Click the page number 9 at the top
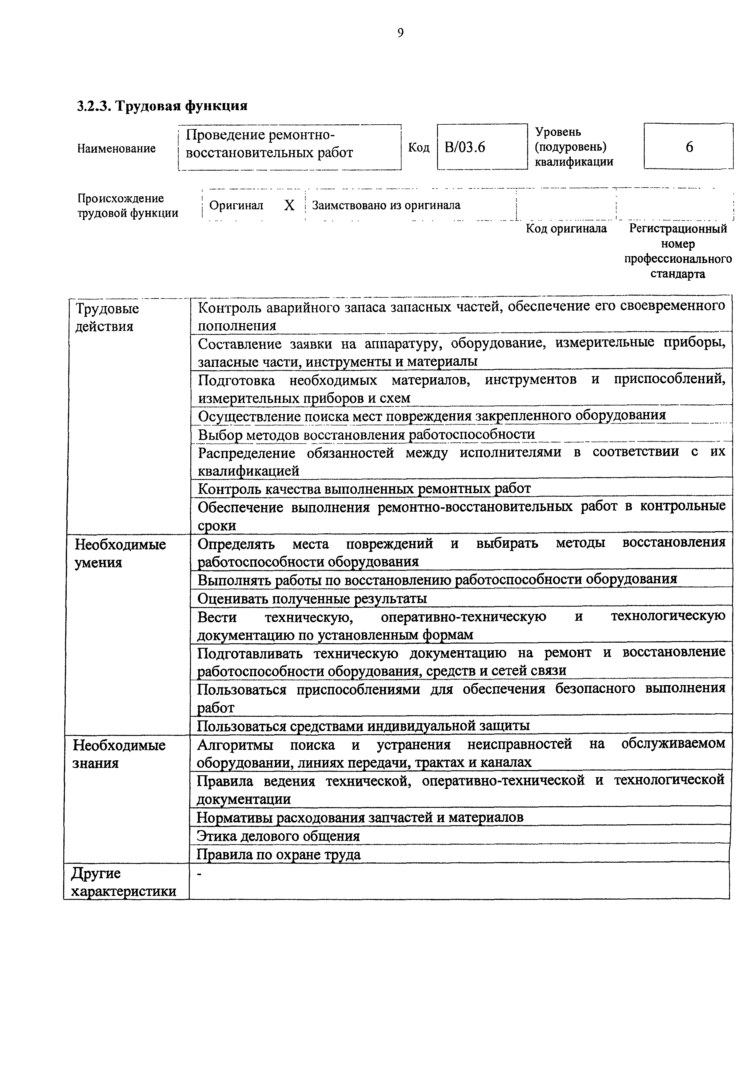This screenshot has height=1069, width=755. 400,33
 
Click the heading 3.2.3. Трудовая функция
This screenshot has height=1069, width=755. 162,106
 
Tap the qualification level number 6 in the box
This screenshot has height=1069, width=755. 689,147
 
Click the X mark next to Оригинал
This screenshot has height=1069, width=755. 289,205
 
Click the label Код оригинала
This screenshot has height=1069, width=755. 566,229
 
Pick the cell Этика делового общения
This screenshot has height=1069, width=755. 278,836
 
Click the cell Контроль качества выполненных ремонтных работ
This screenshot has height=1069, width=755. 364,488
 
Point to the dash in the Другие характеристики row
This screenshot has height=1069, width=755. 199,875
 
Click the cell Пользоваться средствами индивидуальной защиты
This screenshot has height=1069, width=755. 363,725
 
